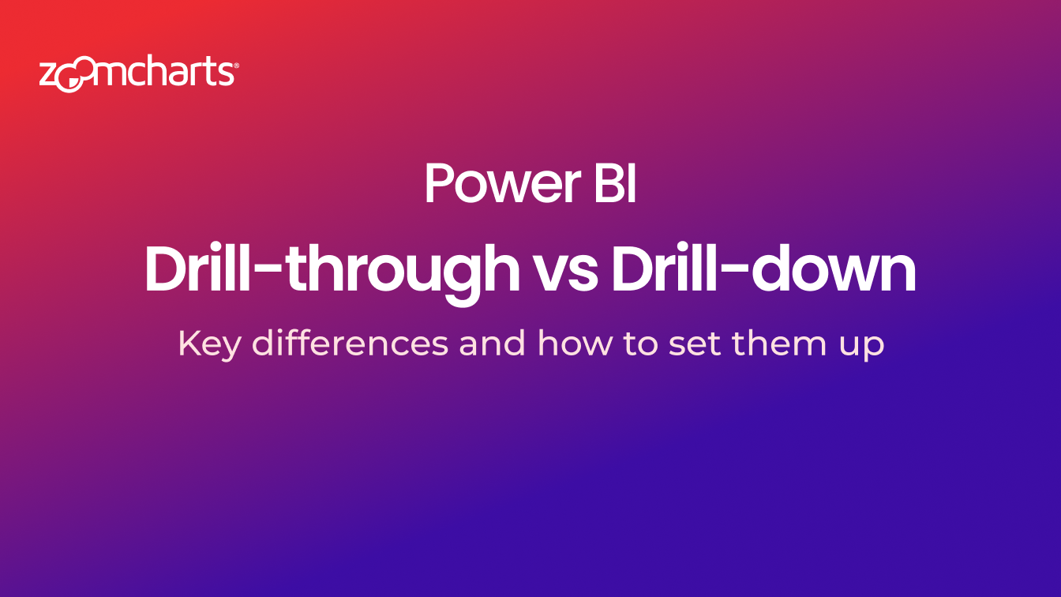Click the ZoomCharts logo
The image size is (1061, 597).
139,73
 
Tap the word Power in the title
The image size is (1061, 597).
503,183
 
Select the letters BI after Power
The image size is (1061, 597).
615,183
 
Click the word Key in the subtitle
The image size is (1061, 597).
209,344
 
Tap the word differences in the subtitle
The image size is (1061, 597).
350,343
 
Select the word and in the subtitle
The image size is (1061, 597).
492,343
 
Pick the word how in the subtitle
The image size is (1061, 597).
574,343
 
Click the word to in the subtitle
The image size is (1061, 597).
640,344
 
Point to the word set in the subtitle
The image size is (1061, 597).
694,344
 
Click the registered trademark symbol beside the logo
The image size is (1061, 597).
236,66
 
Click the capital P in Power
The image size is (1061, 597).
439,183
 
